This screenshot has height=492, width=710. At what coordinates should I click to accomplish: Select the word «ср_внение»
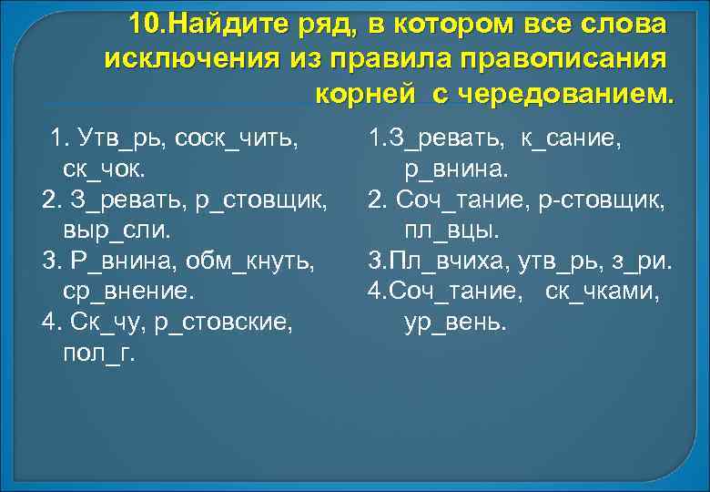[x=127, y=292]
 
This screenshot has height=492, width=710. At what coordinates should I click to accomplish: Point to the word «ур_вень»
[x=454, y=323]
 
